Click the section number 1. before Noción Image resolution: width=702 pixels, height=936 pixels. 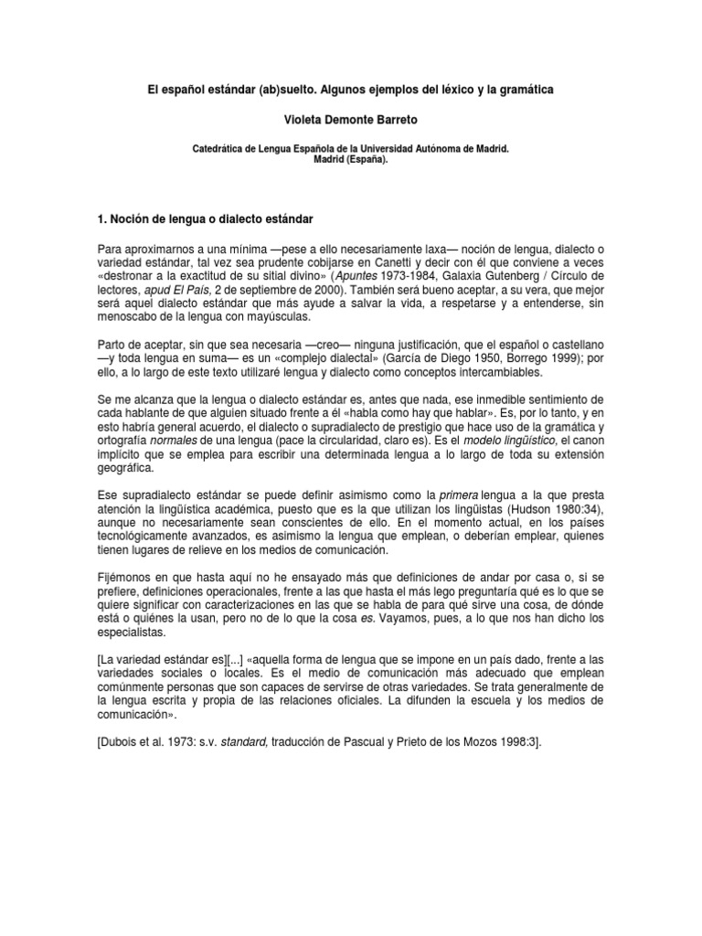pyautogui.click(x=102, y=220)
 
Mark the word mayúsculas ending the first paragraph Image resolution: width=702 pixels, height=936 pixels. pyautogui.click(x=277, y=317)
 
